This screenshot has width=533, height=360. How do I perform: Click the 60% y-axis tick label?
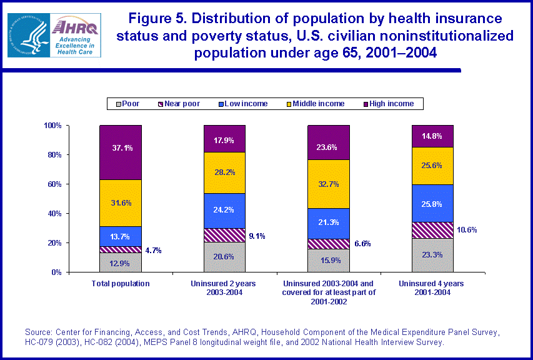pyautogui.click(x=54, y=184)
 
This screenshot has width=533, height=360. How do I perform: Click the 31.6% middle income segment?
pyautogui.click(x=121, y=202)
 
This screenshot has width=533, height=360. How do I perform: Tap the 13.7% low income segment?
pyautogui.click(x=121, y=236)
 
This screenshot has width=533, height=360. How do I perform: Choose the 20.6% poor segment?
pyautogui.click(x=224, y=257)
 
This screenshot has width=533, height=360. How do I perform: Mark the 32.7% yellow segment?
pyautogui.click(x=329, y=184)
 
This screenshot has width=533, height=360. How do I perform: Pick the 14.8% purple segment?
pyautogui.click(x=432, y=136)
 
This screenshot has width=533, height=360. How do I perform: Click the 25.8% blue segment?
pyautogui.click(x=432, y=203)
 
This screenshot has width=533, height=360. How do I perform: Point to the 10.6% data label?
pyautogui.click(x=467, y=229)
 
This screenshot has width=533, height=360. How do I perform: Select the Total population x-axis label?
pyautogui.click(x=121, y=283)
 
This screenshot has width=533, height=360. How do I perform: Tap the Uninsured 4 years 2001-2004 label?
pyautogui.click(x=432, y=287)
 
